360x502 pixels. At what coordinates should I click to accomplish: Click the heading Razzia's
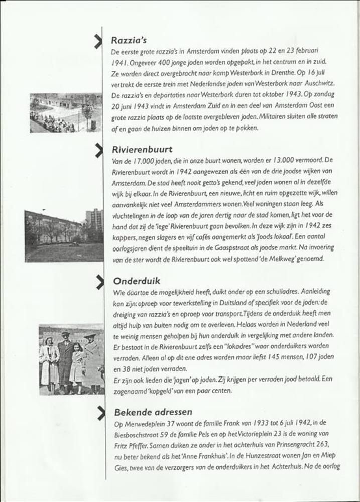129,40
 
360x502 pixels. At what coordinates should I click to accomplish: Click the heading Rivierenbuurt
143,150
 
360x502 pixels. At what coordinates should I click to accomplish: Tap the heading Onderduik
137,281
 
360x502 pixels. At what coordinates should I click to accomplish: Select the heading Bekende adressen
153,412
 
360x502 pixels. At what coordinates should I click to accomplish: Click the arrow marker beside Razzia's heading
99,40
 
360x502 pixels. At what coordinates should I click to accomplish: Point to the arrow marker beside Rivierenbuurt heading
99,149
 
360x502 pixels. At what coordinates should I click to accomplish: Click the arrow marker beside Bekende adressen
101,412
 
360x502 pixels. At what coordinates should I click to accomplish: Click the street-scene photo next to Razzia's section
65,113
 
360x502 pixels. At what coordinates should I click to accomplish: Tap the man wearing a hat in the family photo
65,359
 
